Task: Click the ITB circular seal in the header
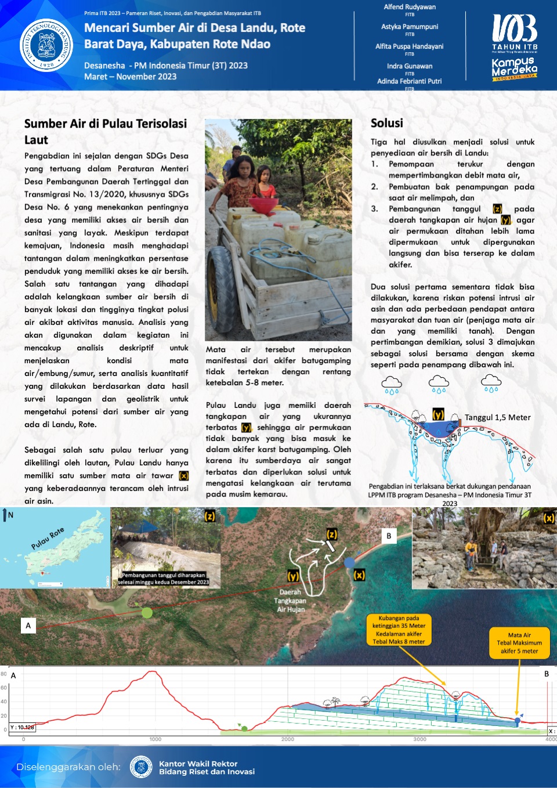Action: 46,45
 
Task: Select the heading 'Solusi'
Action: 387,123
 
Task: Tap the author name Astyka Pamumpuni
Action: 410,27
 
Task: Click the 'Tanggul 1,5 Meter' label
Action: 497,417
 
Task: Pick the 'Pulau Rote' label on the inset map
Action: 48,539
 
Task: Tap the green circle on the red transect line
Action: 147,612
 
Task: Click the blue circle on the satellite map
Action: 349,562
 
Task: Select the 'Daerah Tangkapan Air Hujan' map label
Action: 290,601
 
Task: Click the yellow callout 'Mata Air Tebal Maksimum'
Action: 519,643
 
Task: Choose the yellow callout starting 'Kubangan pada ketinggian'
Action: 399,630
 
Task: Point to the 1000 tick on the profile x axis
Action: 155,739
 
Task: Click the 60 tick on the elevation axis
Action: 4,688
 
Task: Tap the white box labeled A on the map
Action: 28,626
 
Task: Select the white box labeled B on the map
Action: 389,536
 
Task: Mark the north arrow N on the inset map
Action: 7,515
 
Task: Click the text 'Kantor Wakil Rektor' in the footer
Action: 198,764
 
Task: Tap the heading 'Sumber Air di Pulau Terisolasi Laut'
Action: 106,132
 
